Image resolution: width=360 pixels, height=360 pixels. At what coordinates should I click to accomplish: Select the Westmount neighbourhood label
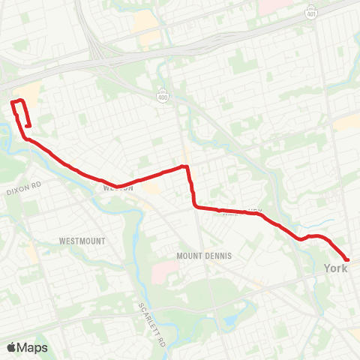[81, 241]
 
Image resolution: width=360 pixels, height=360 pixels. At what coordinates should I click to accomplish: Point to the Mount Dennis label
[204, 256]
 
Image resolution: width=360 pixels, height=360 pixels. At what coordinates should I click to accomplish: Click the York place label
[336, 267]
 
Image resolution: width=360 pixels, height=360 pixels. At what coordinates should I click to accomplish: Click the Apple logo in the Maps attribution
[12, 347]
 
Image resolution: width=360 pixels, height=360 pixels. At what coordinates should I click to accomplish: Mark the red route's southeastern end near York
[348, 258]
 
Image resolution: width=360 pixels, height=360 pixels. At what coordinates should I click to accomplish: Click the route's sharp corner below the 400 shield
[185, 167]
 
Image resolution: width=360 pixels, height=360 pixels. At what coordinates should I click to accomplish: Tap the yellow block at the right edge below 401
[346, 123]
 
